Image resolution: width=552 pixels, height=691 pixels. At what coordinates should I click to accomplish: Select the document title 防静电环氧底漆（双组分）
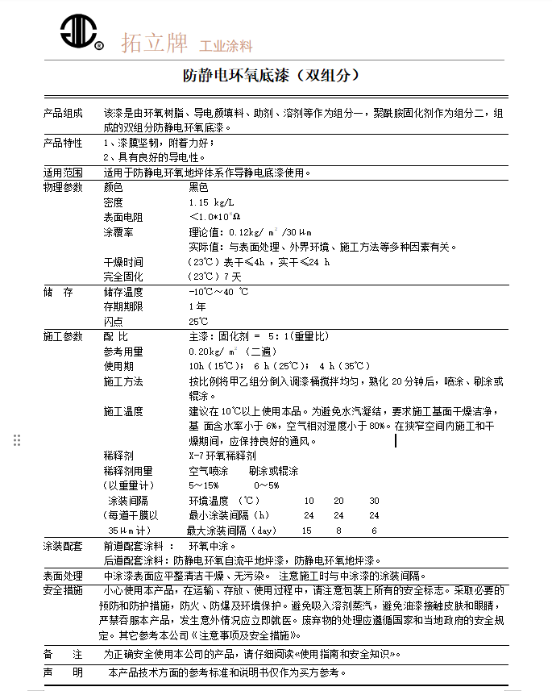pos(271,77)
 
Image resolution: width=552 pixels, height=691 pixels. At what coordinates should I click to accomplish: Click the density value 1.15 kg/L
pos(210,202)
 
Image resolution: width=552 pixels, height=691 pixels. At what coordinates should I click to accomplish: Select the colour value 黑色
pos(198,187)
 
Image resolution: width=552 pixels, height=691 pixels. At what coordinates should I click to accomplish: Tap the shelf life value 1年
pos(197,306)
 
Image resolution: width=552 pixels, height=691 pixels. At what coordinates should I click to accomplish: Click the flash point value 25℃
pos(198,322)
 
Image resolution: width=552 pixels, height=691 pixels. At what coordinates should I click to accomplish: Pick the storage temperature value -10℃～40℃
pos(218,292)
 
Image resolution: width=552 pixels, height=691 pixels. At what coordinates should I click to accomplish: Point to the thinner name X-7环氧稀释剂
pos(222,456)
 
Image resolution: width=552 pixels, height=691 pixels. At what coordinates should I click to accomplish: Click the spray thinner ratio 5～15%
pos(203,485)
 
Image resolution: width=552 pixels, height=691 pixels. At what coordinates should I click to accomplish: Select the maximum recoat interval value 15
pos(306,531)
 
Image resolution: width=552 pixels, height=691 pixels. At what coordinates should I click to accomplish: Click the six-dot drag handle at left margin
pos(17,440)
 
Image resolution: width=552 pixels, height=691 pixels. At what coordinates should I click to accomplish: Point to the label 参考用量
pos(123,352)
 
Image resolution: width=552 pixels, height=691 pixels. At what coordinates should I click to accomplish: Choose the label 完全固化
pos(123,277)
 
